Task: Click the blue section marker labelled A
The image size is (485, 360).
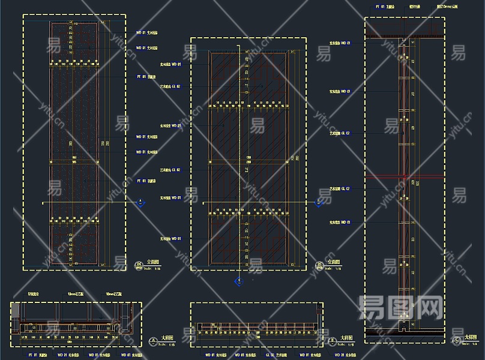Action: coord(140,202)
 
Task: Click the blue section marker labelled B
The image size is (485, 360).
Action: coord(319,202)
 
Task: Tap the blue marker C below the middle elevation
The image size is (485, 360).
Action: coord(239,281)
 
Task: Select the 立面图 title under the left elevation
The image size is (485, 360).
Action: coord(155,262)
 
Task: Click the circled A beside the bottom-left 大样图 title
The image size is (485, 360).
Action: coord(152,342)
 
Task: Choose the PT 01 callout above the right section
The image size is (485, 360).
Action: coord(384,7)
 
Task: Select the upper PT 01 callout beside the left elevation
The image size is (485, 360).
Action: coord(146,77)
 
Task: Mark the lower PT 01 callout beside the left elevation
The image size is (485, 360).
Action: coord(146,180)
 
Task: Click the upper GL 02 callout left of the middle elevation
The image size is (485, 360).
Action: coord(170,86)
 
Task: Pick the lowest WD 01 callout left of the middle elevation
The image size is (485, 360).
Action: coord(170,239)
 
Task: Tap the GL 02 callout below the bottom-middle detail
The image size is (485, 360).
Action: coord(277,355)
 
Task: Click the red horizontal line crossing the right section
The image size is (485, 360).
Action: coord(405,178)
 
